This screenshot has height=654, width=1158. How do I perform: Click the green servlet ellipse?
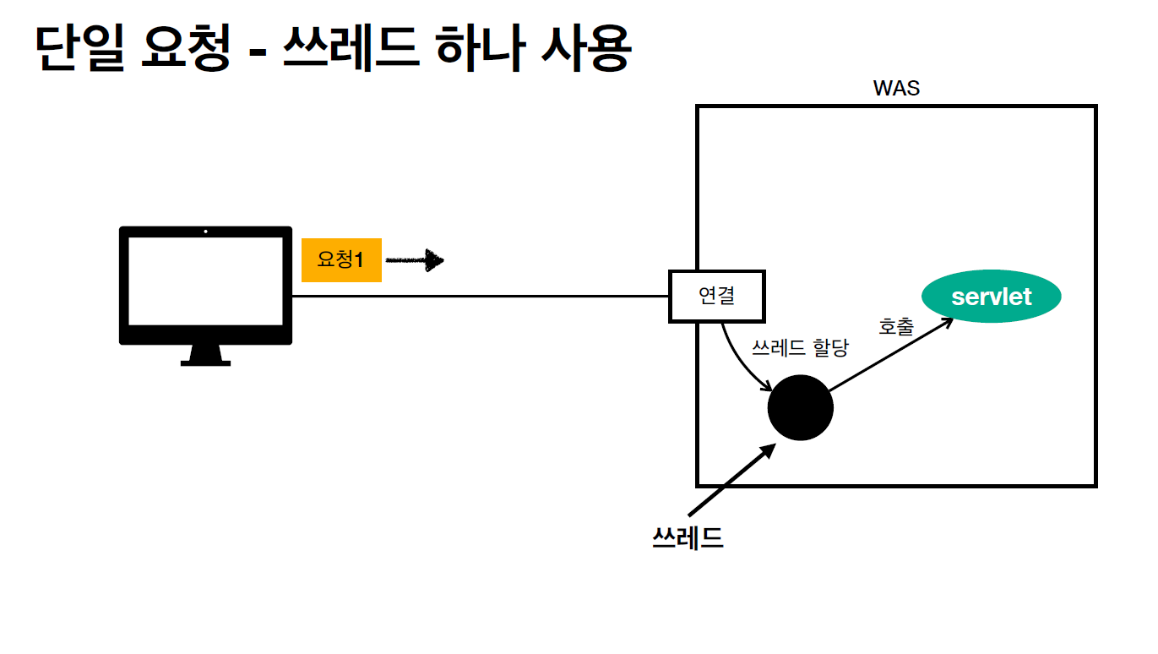991,297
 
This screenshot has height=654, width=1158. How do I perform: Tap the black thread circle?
800,407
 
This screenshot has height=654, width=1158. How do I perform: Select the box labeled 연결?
716,297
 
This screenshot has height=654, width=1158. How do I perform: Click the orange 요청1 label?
341,259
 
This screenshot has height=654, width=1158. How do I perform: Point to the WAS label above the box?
896,89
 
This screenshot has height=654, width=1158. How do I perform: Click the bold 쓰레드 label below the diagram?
688,537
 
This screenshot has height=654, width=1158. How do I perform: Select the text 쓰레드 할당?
799,347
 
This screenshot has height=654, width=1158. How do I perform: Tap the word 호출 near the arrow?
895,326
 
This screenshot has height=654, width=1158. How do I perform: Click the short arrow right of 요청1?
415,260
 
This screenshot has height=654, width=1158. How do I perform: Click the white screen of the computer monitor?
204,281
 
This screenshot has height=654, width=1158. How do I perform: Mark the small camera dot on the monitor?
205,232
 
